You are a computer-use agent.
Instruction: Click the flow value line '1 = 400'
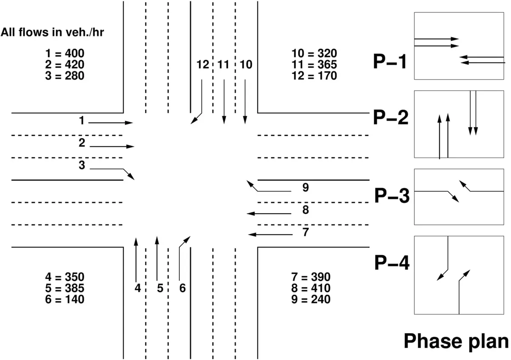point(65,53)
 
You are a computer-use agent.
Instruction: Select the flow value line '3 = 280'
point(65,76)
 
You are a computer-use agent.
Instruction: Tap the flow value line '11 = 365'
point(314,65)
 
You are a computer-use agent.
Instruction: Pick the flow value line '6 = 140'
point(65,299)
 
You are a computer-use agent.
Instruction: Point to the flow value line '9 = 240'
point(311,299)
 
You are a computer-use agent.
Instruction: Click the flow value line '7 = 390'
point(311,277)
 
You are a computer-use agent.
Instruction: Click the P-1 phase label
point(390,62)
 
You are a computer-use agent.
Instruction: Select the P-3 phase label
point(392,196)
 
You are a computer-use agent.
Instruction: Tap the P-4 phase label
point(392,263)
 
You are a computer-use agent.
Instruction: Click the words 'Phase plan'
point(456,342)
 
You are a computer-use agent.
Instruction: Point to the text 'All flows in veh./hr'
point(52,32)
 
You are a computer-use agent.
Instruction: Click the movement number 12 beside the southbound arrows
point(203,65)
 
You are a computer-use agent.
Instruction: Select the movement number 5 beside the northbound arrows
point(160,288)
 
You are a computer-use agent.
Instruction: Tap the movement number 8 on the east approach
point(306,210)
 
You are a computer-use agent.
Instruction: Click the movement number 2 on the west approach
point(82,143)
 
